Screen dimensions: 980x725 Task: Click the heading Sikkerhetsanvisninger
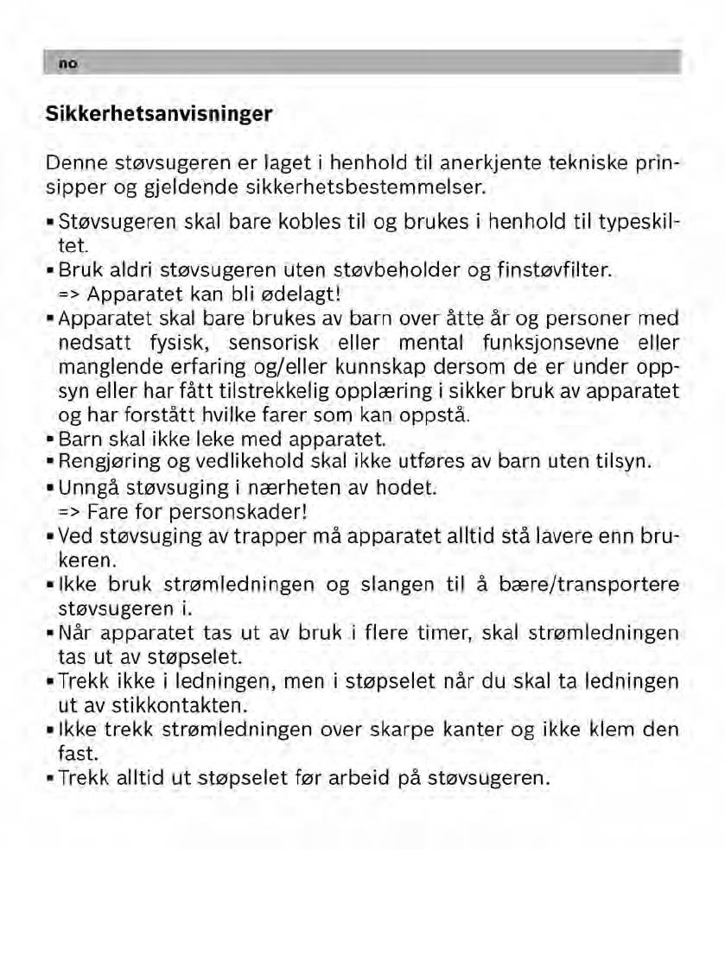click(x=159, y=113)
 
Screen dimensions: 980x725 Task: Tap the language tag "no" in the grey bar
click(x=65, y=63)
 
